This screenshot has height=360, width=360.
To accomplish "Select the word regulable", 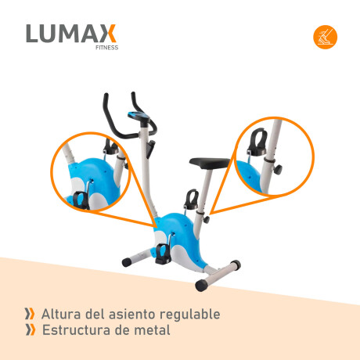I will coord(193,315).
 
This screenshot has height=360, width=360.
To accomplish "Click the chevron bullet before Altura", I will coord(30,314).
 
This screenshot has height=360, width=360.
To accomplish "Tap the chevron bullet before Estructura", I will coord(30,329).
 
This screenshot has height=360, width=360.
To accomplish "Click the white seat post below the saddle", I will coord(203,192).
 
